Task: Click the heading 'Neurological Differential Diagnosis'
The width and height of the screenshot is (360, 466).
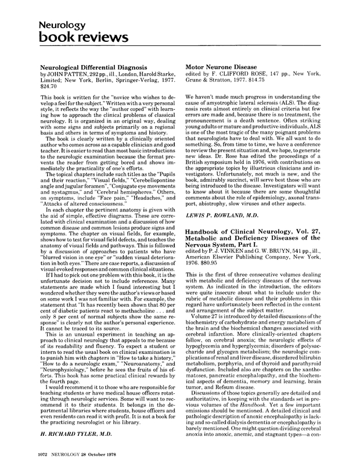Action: click(x=90, y=67)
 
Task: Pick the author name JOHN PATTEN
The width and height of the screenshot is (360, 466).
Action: click(x=64, y=74)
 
